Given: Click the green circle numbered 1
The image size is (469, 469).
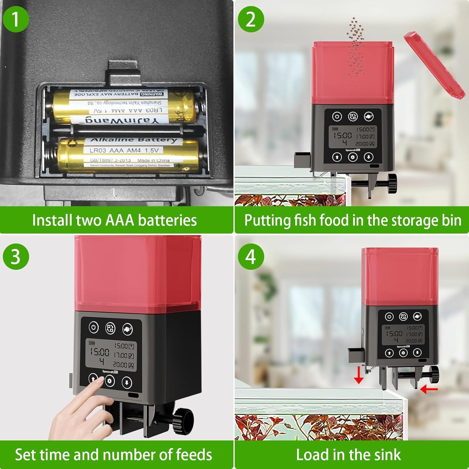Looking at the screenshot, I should click(x=16, y=19).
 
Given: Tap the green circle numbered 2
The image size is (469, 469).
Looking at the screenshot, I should click(x=251, y=19).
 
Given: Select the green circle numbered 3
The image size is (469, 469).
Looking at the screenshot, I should click(x=16, y=257).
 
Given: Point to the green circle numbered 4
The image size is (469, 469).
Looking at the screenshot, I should click(x=251, y=257).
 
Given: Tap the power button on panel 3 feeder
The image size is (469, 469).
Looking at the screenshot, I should click(x=93, y=328).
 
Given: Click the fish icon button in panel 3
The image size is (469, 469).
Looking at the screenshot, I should click(x=127, y=329).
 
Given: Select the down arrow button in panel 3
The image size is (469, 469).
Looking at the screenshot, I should click(x=127, y=382).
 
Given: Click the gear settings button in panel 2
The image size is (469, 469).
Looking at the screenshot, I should click(x=353, y=157).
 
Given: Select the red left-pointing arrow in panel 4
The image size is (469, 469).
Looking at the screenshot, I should click(x=429, y=389).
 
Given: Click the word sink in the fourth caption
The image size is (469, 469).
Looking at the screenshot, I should click(x=388, y=455).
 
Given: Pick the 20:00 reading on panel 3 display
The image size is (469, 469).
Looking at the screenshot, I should click(x=120, y=365).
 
